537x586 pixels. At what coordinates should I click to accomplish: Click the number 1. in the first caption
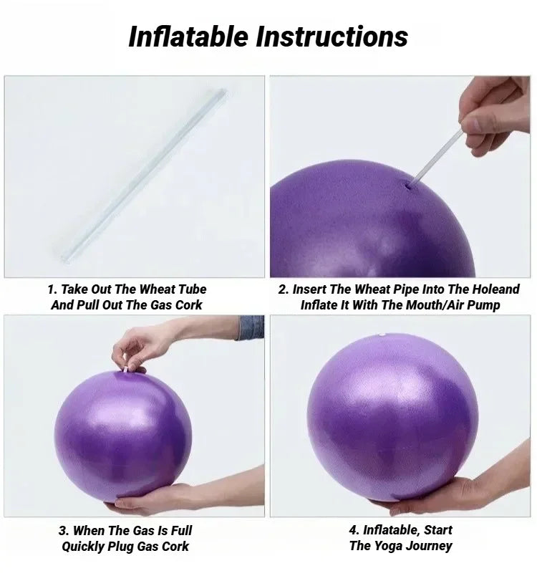(52, 289)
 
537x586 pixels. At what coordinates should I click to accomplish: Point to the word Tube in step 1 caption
(188, 289)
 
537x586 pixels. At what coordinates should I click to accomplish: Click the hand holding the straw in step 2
(493, 115)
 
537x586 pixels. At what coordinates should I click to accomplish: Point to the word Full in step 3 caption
(179, 531)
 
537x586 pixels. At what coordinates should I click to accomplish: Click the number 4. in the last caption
(355, 531)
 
